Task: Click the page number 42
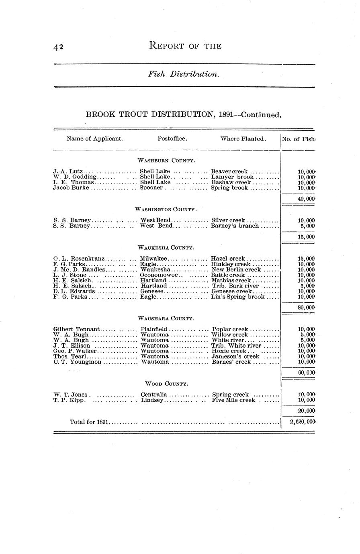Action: coord(58,47)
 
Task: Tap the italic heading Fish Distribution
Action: coord(184,75)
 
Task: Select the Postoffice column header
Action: coord(172,139)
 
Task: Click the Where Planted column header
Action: coord(243,139)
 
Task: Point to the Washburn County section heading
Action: coord(166,161)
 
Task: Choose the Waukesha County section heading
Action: coord(166,247)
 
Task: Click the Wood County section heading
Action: coord(166,384)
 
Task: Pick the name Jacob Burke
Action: coord(71,188)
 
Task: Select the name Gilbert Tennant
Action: coord(76,329)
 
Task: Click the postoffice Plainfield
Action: coord(154,329)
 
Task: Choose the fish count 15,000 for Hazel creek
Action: coord(306,259)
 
